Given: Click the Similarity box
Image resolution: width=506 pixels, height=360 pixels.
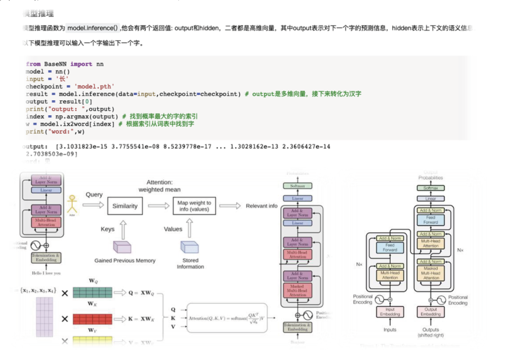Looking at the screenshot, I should click(125, 206).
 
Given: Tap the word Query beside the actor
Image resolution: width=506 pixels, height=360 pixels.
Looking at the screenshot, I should click(94, 195).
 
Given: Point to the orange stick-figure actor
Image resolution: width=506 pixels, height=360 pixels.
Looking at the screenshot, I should click(72, 204).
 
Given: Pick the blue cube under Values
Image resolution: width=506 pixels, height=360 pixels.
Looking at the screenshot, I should click(190, 247).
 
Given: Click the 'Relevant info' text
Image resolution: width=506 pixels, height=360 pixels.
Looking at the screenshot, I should click(261, 206).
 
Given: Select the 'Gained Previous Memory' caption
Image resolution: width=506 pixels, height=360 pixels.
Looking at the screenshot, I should click(125, 261).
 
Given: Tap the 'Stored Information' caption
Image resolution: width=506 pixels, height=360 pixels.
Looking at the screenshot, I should click(190, 264).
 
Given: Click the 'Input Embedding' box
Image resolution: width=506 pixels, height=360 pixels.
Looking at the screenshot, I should click(389, 312).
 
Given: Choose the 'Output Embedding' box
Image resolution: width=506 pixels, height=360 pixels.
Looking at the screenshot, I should click(431, 312).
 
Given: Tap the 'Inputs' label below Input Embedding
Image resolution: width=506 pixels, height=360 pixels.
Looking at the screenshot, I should click(390, 330).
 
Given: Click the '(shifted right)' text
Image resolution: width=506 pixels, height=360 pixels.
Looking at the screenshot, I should click(431, 335).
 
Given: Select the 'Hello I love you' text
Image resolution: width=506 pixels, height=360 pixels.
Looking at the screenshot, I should click(46, 273).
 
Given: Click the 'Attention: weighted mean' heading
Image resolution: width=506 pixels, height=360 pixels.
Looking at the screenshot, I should click(160, 186).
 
